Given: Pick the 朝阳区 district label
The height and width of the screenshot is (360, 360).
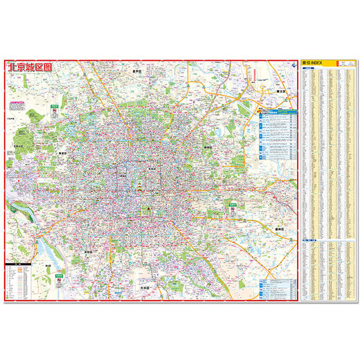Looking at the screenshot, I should [x=207, y=147].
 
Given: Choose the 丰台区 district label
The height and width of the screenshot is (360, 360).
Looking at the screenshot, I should [x=88, y=252].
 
